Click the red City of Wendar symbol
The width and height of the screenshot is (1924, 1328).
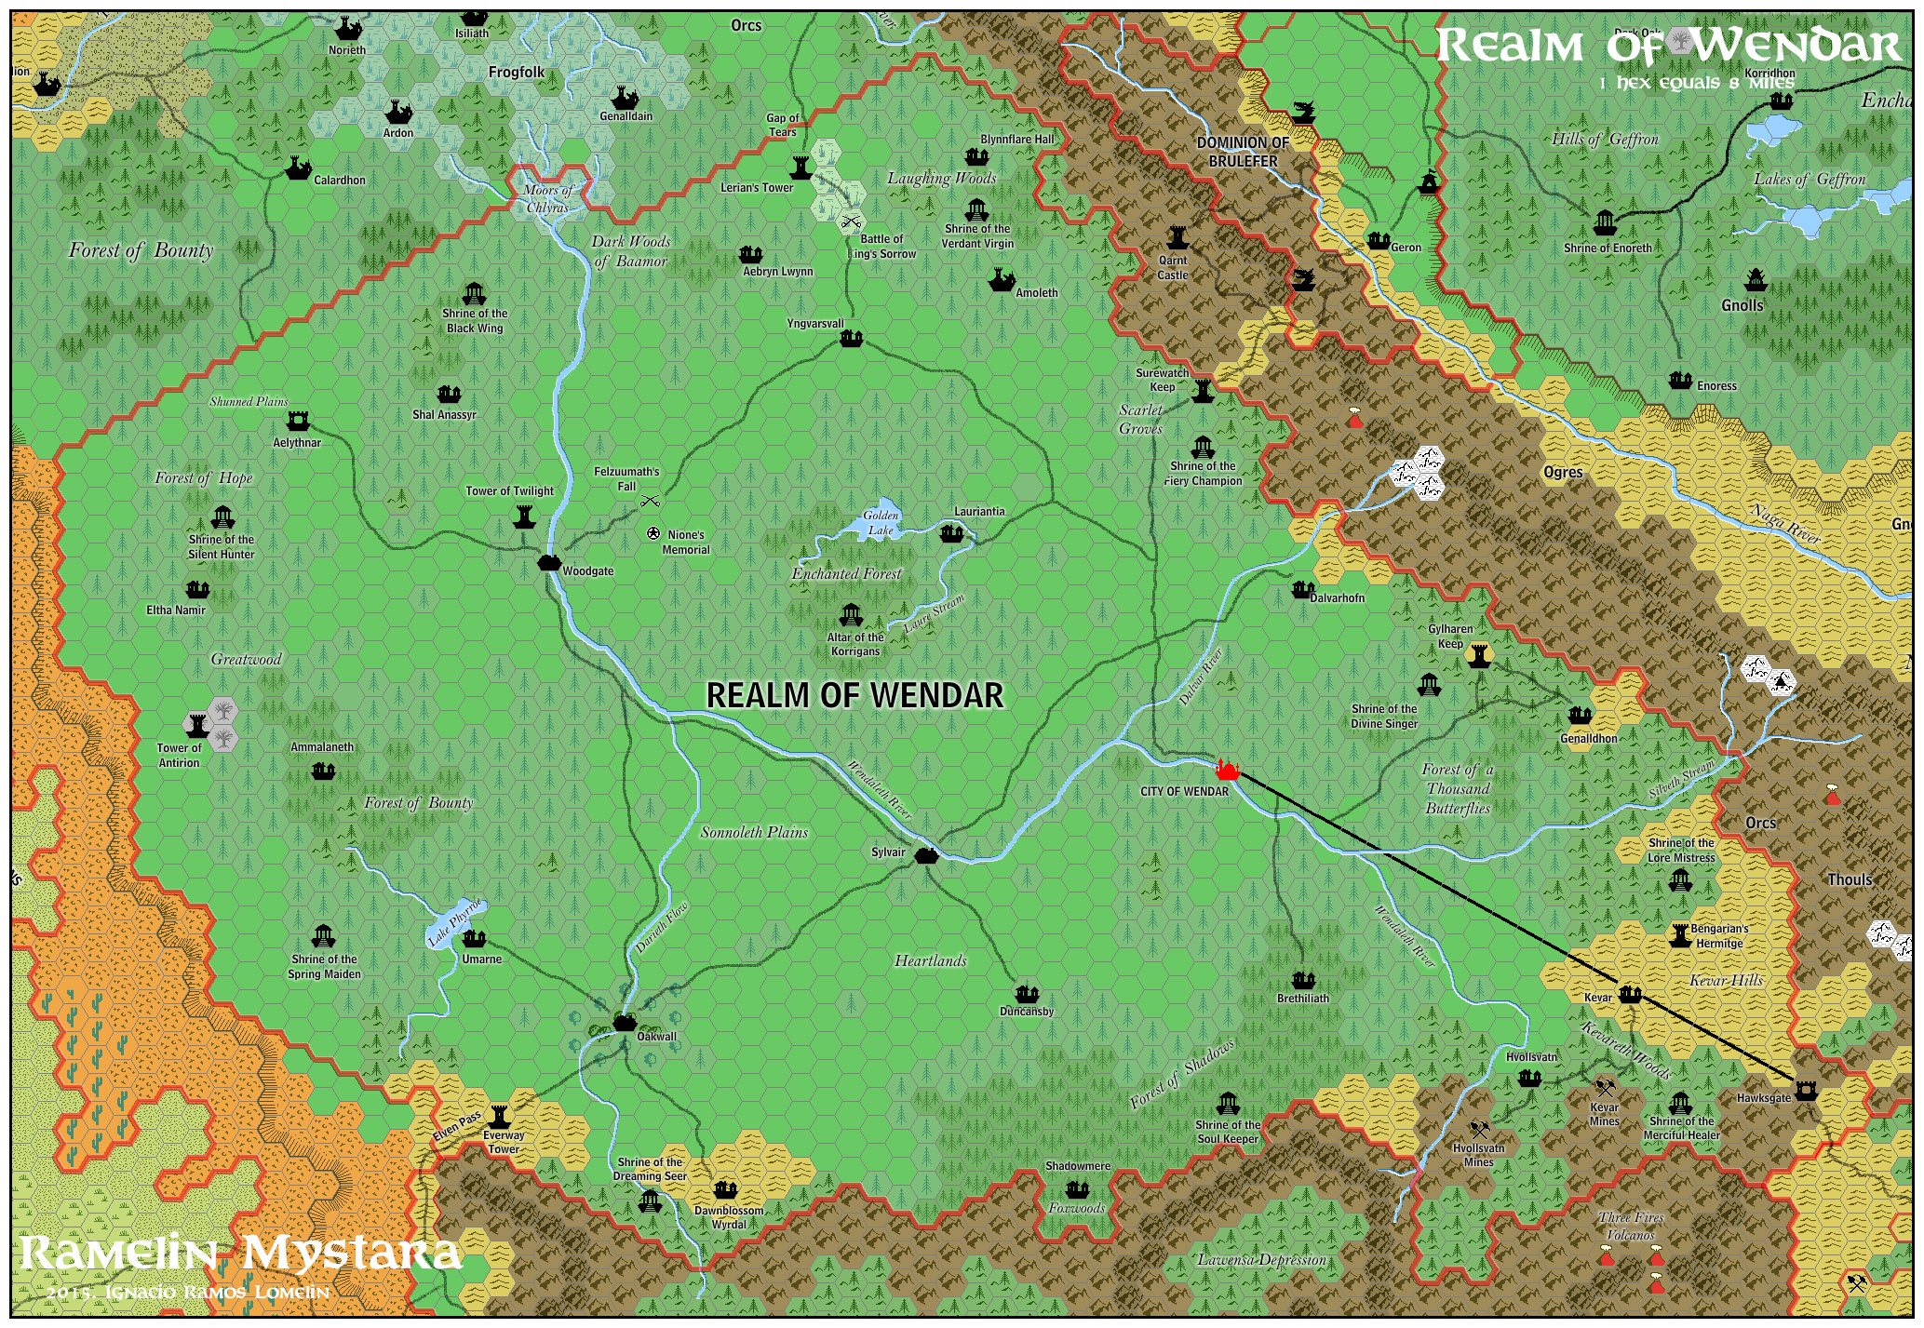point(1228,770)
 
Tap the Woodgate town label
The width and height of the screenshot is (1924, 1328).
point(587,571)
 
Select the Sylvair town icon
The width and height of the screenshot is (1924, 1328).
point(924,855)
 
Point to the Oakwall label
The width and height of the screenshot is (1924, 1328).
point(657,1037)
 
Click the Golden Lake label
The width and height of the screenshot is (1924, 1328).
point(881,522)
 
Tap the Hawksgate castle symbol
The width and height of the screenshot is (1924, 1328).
point(1806,1090)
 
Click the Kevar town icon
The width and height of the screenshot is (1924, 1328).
point(1629,994)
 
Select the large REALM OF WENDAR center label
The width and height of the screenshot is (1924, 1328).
point(854,695)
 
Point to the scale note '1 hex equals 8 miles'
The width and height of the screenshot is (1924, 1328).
point(1696,83)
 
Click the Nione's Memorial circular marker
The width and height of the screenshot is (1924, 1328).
point(653,533)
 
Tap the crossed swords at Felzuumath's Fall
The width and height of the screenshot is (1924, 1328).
point(650,502)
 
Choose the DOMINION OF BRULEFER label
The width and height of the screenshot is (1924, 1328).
point(1243,152)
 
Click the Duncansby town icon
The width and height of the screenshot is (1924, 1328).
point(1027,993)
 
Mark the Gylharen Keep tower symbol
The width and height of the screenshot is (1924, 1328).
point(1478,655)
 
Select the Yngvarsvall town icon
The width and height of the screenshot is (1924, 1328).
point(851,339)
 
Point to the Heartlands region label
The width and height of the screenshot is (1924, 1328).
point(930,960)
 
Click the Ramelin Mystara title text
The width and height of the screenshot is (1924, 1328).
point(240,1254)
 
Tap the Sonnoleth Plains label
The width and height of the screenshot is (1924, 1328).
point(754,832)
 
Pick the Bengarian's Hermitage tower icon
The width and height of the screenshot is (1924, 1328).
point(1679,935)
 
